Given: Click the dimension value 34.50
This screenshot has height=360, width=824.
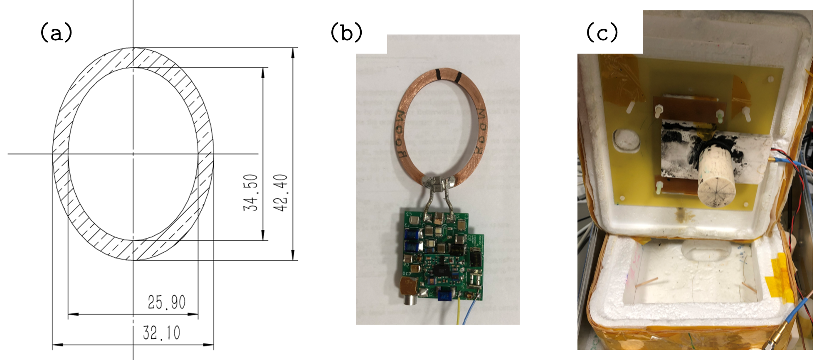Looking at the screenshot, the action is [251, 192].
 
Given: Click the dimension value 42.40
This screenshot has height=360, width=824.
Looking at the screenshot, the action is [281, 192].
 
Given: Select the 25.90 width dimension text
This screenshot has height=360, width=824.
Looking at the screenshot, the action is [166, 303].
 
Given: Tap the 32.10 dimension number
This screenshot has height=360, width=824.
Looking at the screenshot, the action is [161, 333].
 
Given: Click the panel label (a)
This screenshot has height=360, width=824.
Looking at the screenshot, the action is [56, 32].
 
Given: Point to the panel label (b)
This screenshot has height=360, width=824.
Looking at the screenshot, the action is [346, 32].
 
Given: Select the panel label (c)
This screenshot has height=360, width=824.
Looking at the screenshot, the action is [602, 32].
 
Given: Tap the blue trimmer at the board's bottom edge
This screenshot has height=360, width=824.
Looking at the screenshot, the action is [444, 296].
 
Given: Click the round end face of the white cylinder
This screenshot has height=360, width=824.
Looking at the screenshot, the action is [716, 187].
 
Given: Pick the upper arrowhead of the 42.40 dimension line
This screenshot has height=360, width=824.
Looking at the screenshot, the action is [293, 52].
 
